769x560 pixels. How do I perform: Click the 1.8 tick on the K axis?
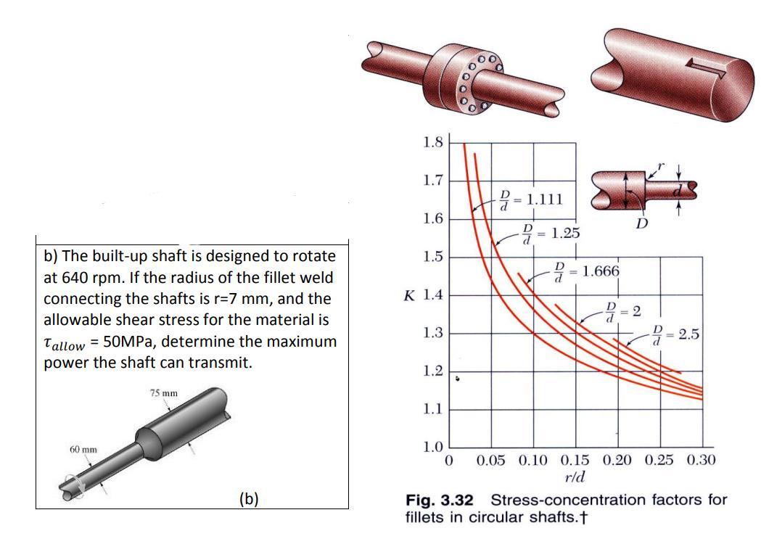coord(432,143)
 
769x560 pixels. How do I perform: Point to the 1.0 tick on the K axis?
coord(432,448)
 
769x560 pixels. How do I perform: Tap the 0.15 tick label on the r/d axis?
coord(575,461)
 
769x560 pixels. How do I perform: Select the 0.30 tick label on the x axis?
coord(702,460)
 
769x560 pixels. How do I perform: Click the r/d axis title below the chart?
coord(575,477)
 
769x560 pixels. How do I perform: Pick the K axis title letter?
coord(409,296)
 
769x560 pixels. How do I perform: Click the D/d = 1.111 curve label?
coord(530,199)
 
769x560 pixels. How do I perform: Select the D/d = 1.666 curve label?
coord(587,272)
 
